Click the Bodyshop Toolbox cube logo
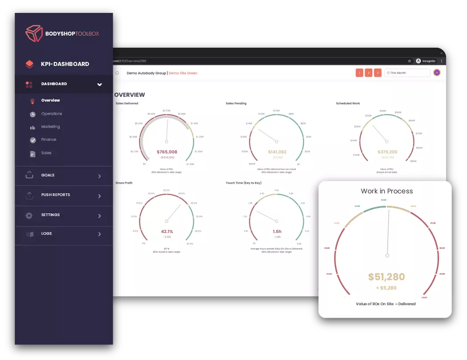click(34, 33)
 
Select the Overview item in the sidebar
click(50, 100)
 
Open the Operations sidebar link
click(51, 114)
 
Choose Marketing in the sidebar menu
click(50, 127)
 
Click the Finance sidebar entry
click(49, 139)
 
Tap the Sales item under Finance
click(46, 153)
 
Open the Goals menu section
click(48, 175)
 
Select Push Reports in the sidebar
click(55, 195)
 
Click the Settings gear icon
click(29, 215)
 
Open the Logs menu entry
click(46, 233)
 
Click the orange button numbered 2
click(369, 73)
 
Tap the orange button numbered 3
click(378, 73)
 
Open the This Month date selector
click(408, 73)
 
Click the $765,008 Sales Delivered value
click(167, 152)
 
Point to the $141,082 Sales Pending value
click(277, 152)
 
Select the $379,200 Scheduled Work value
click(387, 152)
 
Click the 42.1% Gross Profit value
click(167, 231)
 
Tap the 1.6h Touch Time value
click(277, 231)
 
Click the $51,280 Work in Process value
click(387, 277)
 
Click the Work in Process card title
click(387, 191)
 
